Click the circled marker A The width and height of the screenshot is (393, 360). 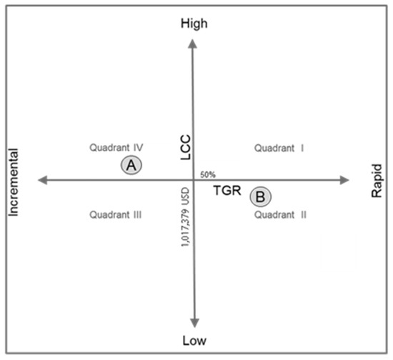[x=131, y=165]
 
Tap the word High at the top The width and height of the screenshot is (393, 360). [x=194, y=24]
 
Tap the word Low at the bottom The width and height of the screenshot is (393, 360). [x=194, y=342]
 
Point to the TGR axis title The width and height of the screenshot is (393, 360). [x=228, y=191]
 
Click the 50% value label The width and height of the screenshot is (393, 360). [x=208, y=174]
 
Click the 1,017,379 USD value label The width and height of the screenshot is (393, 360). [x=185, y=218]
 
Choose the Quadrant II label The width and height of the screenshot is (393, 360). [x=280, y=214]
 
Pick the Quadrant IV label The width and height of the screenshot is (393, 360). [x=116, y=148]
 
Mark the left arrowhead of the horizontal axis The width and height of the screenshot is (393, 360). [x=41, y=180]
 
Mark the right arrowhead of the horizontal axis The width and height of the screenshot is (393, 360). [x=345, y=180]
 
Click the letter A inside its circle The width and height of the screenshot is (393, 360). [x=131, y=165]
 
